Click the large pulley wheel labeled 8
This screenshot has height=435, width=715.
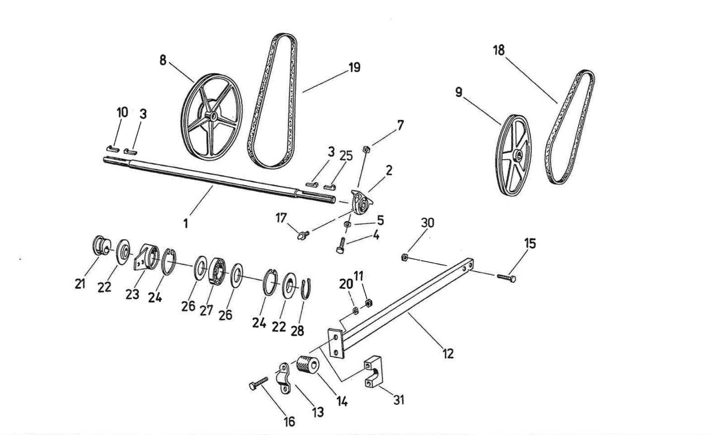click(x=212, y=117)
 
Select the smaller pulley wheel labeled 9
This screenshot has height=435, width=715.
click(x=514, y=155)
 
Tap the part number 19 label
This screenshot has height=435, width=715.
click(x=354, y=67)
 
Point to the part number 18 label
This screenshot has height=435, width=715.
click(x=499, y=50)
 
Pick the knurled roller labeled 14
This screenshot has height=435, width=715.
click(x=309, y=364)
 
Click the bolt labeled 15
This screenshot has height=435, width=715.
click(x=506, y=277)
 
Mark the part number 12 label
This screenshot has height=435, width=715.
click(x=448, y=353)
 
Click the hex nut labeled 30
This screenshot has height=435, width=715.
click(x=405, y=257)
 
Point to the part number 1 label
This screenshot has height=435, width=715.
click(x=186, y=223)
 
